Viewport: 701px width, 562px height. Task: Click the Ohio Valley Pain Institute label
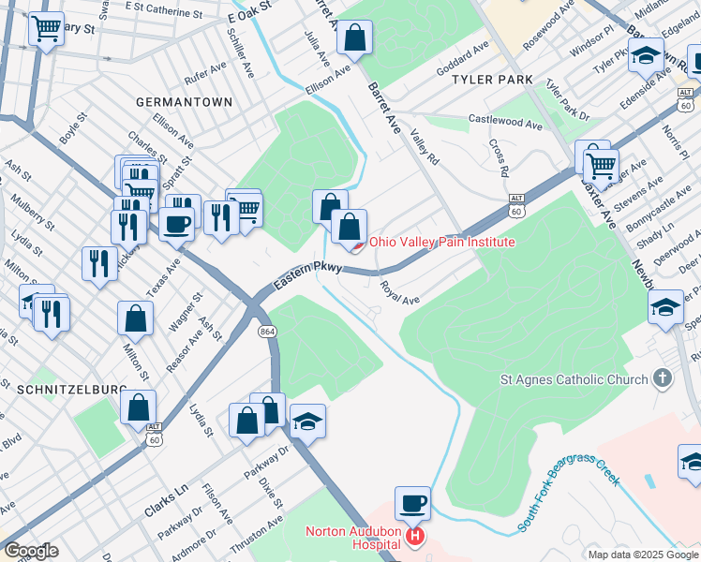(x=441, y=242)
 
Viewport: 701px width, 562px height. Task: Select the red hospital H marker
(x=413, y=538)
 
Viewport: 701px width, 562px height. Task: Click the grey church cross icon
(x=663, y=378)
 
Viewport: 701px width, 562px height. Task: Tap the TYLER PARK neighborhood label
(x=492, y=81)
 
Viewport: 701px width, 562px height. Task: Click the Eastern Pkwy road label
(x=305, y=275)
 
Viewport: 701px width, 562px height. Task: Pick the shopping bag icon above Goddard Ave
(x=355, y=38)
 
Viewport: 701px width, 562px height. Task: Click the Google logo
(x=31, y=551)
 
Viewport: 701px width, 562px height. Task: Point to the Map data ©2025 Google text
(x=642, y=555)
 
